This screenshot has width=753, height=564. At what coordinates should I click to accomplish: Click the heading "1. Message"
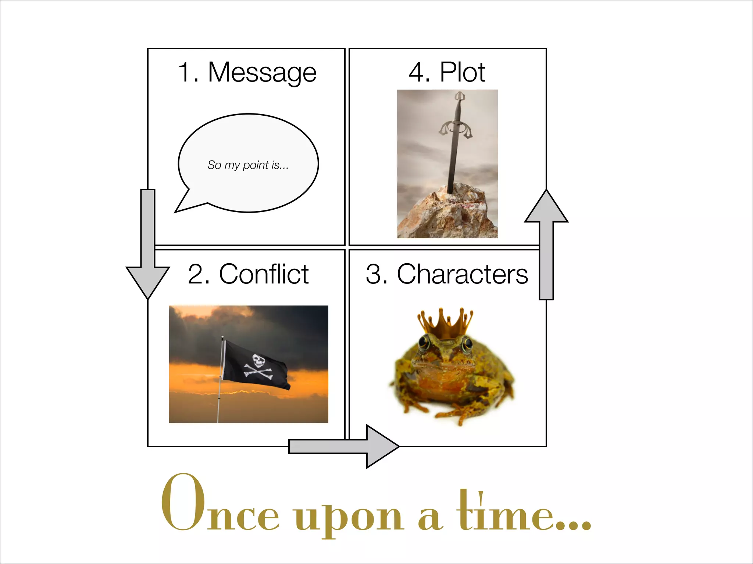click(247, 72)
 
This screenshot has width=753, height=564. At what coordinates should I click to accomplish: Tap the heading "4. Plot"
click(447, 72)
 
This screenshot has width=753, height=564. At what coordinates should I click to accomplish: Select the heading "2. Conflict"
click(248, 274)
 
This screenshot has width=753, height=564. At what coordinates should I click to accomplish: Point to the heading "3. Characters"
click(447, 274)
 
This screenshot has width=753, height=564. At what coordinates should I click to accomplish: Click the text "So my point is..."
click(248, 165)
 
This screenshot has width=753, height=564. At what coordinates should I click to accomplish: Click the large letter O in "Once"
click(183, 502)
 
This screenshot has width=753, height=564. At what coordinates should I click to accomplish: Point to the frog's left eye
click(424, 342)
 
